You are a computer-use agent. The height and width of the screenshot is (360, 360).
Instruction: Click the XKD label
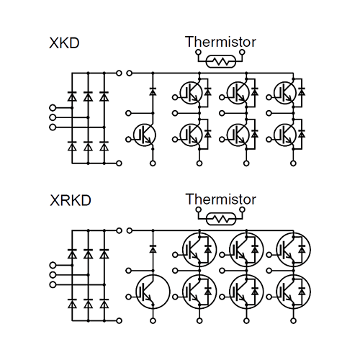coord(64,43)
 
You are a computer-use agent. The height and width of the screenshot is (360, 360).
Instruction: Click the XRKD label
coord(71,200)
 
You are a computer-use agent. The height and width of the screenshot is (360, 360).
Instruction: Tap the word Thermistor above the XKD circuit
coord(220,42)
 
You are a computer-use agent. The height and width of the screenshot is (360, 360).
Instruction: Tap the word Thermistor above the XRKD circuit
coord(220,199)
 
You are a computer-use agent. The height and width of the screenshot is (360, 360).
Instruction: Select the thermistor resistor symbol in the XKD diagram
coord(221,62)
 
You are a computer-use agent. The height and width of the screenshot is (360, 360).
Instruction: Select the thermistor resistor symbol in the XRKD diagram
coord(221,219)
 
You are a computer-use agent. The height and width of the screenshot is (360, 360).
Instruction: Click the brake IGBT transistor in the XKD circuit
coord(145,135)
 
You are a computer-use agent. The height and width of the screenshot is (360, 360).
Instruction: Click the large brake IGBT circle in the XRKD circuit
coord(153,292)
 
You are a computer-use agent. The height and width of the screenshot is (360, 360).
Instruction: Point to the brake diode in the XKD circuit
coord(153,91)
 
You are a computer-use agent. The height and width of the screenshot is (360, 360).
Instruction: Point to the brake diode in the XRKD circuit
coord(153,249)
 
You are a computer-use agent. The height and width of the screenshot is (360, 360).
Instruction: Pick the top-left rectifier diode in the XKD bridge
coord(72,96)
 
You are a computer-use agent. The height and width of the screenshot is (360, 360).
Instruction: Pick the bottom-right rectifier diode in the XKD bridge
coord(104,146)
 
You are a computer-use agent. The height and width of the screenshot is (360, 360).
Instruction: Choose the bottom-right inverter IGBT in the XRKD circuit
coord(293,292)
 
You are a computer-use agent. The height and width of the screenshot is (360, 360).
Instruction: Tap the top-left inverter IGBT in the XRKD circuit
coord(199,250)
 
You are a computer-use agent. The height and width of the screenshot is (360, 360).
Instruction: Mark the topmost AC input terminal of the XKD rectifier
coord(53,108)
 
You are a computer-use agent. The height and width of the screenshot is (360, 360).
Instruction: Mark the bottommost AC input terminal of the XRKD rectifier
coord(53,284)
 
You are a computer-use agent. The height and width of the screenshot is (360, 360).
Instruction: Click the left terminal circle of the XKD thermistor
coord(198,52)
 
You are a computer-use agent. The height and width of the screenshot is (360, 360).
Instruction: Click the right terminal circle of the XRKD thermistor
coord(243,210)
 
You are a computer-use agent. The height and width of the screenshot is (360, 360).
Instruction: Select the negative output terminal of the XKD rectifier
coord(119,163)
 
